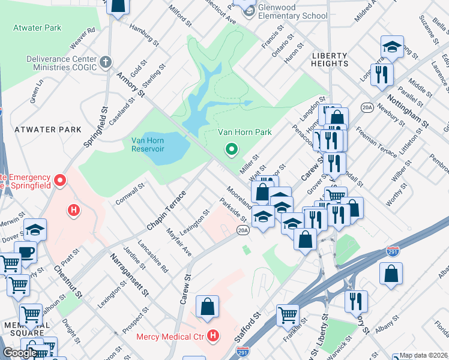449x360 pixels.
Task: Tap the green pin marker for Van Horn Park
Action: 231,149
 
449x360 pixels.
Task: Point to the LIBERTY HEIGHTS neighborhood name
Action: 330,59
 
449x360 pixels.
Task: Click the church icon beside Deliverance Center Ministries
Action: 105,62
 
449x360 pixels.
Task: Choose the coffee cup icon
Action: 26,252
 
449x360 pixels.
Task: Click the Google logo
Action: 19,353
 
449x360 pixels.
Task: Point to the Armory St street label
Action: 131,84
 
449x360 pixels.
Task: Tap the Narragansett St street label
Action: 129,274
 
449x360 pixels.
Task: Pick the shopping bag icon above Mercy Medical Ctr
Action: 207,307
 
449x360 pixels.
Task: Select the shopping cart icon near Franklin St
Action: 288,314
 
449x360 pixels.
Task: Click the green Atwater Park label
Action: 37,28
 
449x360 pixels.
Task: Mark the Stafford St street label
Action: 247,331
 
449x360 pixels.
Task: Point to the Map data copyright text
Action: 424,355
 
